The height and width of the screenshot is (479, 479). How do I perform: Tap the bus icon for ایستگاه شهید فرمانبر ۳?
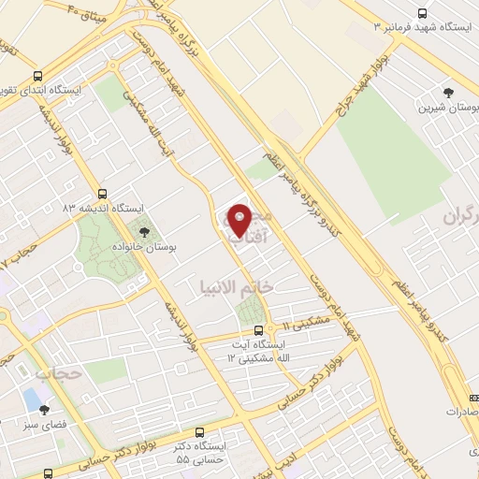(422, 14)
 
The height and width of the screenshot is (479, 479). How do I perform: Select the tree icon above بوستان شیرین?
(449, 92)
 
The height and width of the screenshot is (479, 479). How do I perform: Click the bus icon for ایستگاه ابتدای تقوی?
(36, 77)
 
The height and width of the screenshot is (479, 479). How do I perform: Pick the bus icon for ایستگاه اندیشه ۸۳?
(102, 193)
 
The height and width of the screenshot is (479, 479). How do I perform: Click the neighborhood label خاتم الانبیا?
(235, 286)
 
